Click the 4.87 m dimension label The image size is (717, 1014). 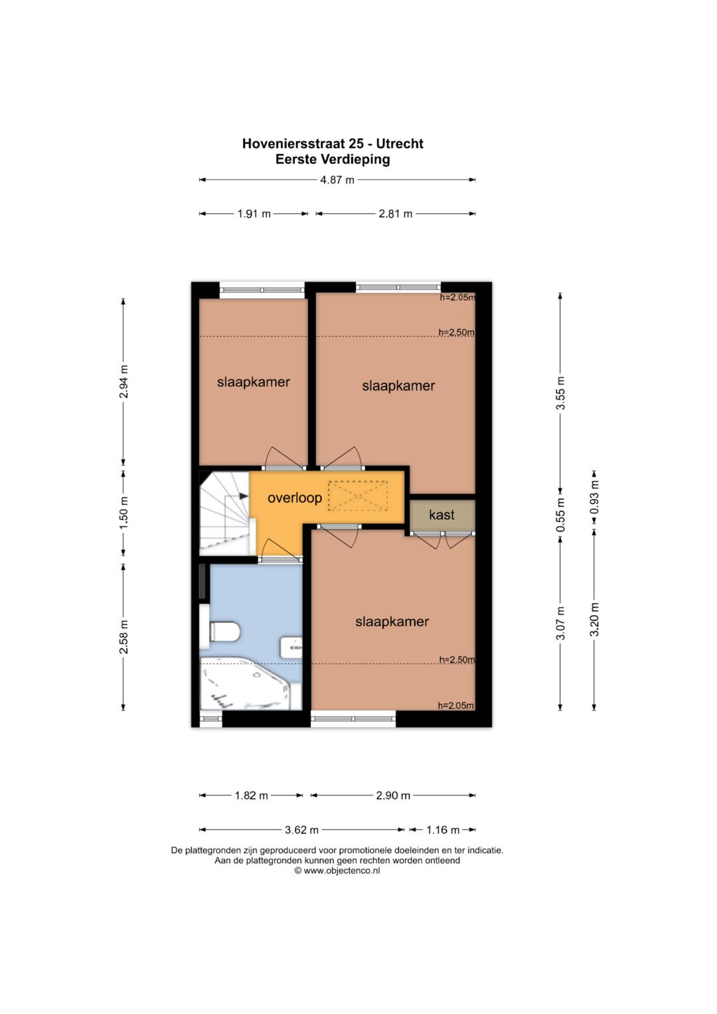[337, 180]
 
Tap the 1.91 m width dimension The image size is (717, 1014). [254, 214]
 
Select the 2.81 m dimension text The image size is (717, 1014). [395, 214]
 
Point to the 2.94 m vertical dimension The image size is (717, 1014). [123, 381]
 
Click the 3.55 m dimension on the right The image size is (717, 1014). [560, 393]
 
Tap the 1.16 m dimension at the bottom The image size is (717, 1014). [443, 830]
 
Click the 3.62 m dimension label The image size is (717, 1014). [301, 830]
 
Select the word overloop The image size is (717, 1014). [295, 498]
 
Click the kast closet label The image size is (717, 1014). [441, 515]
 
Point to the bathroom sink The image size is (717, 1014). [291, 648]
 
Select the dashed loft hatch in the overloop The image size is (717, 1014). [358, 496]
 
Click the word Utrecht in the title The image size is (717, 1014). [400, 143]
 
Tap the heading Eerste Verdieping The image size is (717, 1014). [333, 159]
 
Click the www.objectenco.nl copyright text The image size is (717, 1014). [337, 871]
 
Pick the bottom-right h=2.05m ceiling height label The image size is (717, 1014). [456, 705]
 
